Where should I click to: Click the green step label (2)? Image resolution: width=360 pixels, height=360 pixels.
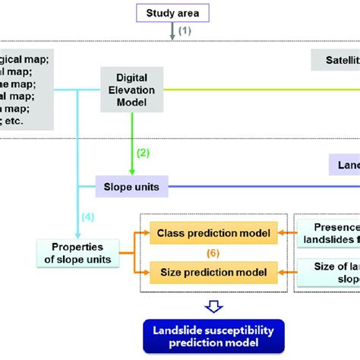click(x=143, y=152)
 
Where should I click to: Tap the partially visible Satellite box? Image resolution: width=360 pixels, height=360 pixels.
click(x=335, y=59)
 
